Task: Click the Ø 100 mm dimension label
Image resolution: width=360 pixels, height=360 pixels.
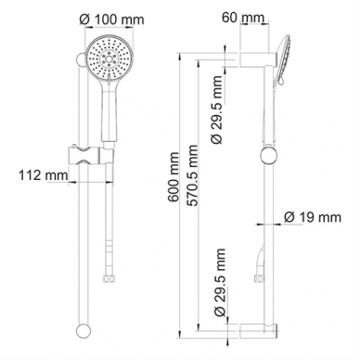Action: click(x=111, y=19)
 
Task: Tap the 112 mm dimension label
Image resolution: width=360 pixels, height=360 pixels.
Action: click(x=44, y=175)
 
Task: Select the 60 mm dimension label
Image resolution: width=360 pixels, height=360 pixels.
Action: click(x=243, y=18)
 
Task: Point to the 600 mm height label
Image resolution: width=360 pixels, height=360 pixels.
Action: click(x=174, y=177)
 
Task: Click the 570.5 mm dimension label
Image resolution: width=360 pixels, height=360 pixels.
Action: click(x=192, y=175)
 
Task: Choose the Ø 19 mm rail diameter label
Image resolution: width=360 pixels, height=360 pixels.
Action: click(x=313, y=217)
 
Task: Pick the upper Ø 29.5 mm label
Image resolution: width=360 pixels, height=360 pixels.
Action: click(x=217, y=109)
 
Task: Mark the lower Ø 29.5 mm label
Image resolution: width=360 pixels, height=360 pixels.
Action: click(x=219, y=282)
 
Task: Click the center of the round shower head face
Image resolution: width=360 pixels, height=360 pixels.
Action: click(x=109, y=58)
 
